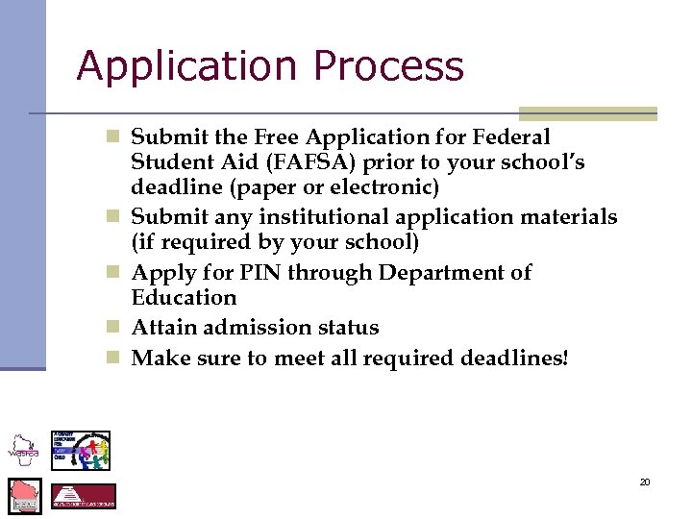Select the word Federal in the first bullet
click(x=506, y=137)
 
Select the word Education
click(x=183, y=298)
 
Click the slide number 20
click(x=645, y=482)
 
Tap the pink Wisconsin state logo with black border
click(x=25, y=496)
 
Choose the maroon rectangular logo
click(x=84, y=496)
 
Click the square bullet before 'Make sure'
click(x=113, y=358)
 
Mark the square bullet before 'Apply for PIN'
click(x=113, y=273)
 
